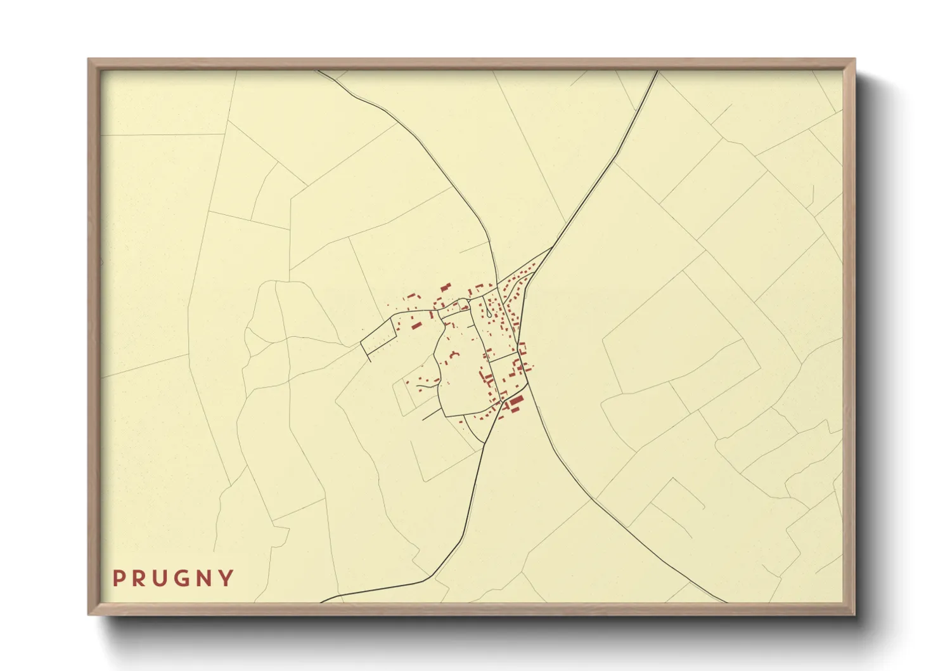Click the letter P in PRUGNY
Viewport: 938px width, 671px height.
[x=119, y=578]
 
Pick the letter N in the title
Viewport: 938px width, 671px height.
[x=207, y=578]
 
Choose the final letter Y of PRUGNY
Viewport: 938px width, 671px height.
[x=227, y=578]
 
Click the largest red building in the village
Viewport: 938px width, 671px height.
[x=517, y=400]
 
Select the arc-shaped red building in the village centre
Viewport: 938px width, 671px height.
[x=454, y=355]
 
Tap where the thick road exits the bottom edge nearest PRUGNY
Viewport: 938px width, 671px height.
[x=323, y=601]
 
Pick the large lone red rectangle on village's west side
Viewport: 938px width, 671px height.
[x=416, y=325]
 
